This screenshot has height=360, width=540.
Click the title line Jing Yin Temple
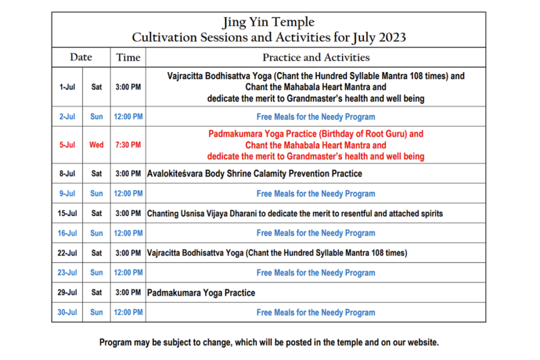pos(268,23)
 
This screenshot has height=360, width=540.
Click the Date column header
pos(81,57)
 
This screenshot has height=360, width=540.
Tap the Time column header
pos(128,57)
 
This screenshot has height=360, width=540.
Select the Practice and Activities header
pos(316,57)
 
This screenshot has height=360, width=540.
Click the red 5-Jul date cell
pos(67,145)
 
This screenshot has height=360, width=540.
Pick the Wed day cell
pos(96,145)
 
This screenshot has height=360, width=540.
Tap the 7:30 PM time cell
pos(128,145)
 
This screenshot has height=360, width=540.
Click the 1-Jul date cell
pos(67,87)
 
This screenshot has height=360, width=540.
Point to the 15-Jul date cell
pos(67,213)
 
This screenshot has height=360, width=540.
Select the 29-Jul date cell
pos(67,293)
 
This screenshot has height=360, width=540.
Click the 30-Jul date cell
pos(67,312)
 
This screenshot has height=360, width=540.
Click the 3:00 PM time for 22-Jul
pos(128,253)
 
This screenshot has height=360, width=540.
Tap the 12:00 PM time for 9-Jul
pos(128,193)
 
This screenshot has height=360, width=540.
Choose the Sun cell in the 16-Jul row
pos(96,233)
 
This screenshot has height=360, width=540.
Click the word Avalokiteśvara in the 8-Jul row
pos(175,174)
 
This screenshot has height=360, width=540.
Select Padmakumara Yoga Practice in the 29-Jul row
pos(201,293)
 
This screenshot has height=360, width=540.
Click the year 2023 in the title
pos(393,37)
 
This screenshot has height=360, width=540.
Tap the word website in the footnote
pos(423,343)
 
